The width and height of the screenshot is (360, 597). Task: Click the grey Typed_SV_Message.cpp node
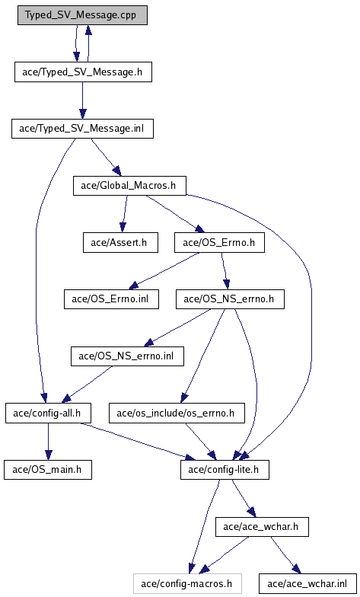click(x=82, y=15)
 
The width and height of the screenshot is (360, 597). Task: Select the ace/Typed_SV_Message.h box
click(x=83, y=72)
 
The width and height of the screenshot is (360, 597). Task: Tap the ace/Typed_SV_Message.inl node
click(x=82, y=129)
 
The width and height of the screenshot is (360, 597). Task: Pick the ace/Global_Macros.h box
click(x=129, y=186)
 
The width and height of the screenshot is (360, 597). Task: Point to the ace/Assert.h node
click(x=120, y=242)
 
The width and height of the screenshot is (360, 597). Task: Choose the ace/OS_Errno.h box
click(x=219, y=242)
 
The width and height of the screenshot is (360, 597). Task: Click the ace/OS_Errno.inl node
click(x=111, y=299)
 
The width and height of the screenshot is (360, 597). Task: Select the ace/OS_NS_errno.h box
click(x=230, y=299)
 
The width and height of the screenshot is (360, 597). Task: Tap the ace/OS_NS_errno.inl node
click(x=127, y=356)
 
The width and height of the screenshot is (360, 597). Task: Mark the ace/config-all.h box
click(x=48, y=413)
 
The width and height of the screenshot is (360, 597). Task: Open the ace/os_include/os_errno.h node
click(x=177, y=413)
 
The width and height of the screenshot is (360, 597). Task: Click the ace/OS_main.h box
click(x=47, y=470)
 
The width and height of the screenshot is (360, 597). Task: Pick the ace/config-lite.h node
click(x=225, y=470)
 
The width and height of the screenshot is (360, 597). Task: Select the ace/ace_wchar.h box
click(x=262, y=527)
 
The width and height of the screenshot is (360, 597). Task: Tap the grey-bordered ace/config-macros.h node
click(x=187, y=583)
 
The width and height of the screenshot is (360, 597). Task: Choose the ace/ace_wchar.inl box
click(x=307, y=583)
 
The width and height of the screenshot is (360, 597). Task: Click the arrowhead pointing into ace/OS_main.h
click(x=48, y=455)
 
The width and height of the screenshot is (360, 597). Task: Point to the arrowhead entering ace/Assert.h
click(x=122, y=227)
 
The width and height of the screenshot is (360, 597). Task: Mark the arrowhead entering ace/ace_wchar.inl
click(x=297, y=570)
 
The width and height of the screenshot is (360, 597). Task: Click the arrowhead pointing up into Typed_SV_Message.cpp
click(x=88, y=30)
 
